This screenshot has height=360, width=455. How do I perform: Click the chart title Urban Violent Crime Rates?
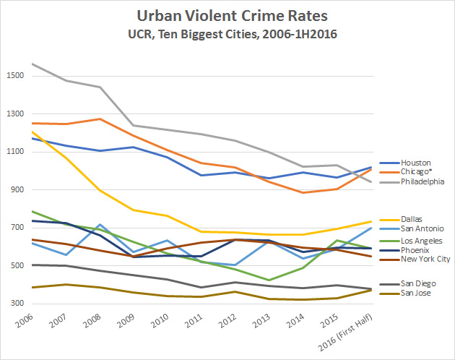tap(227, 15)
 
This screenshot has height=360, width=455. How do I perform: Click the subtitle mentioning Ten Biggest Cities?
tap(227, 33)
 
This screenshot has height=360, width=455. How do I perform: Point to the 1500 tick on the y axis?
tap(16, 76)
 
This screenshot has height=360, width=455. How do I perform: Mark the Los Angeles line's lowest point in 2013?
tap(269, 280)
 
